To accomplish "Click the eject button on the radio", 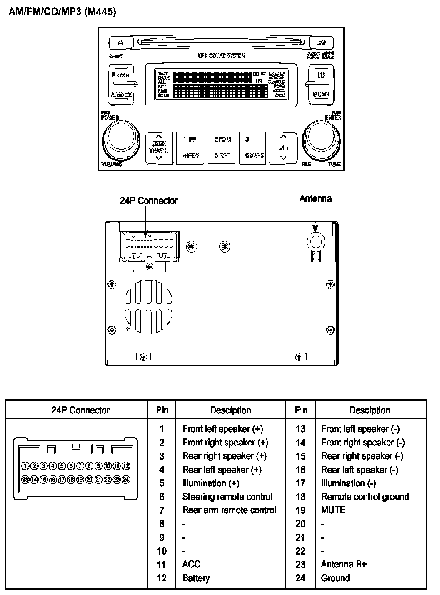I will (121, 42).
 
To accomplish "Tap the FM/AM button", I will (121, 75).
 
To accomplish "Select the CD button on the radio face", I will (321, 75).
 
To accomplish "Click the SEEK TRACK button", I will (159, 147).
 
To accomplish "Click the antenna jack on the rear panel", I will (315, 241).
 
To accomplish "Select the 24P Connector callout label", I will (149, 201).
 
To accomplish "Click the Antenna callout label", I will (315, 199).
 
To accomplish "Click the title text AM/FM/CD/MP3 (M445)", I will (62, 12).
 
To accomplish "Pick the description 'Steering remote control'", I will (227, 497).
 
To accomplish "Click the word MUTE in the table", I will (333, 510).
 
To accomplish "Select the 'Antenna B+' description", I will (344, 565).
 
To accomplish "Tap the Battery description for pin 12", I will (196, 578).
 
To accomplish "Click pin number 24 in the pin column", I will (300, 578).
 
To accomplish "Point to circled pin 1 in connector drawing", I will (26, 466).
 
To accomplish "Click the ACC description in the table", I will (191, 565).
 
